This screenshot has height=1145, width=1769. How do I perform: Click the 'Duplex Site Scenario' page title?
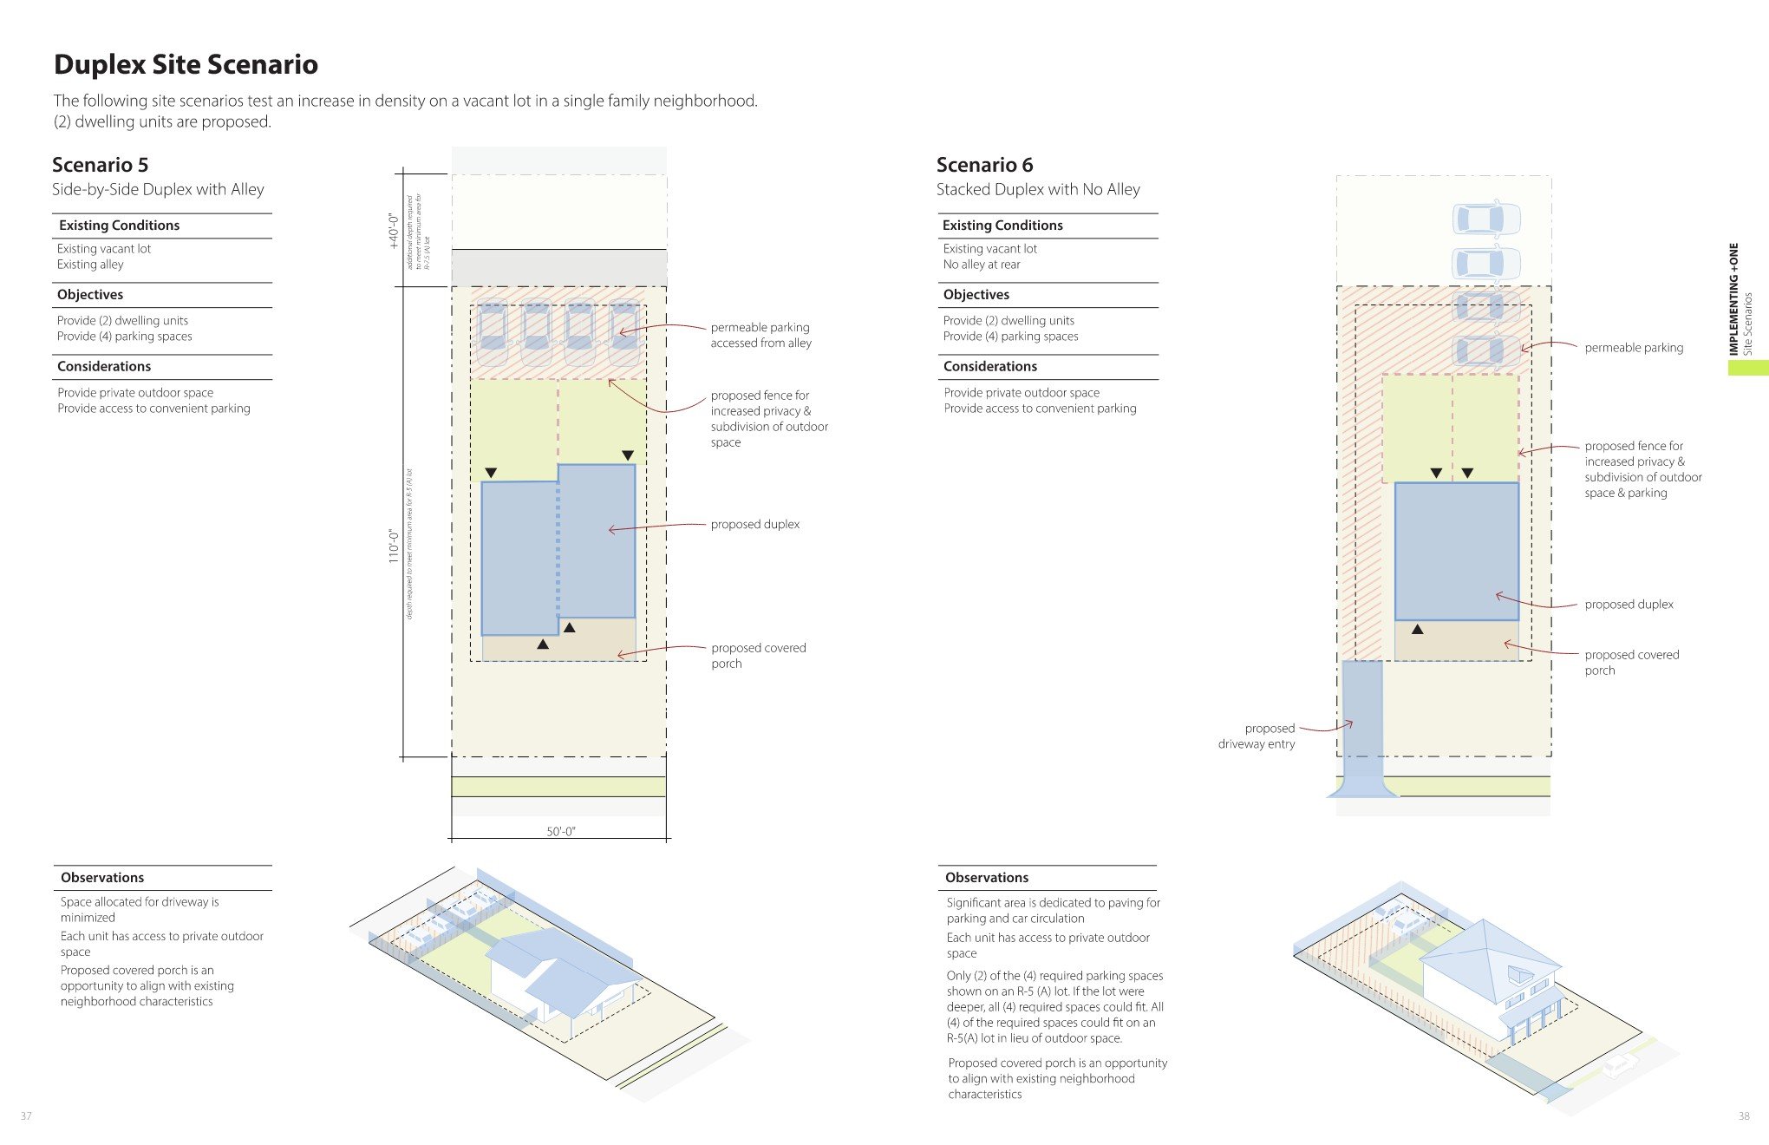186,65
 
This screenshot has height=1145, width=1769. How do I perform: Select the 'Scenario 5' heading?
100,165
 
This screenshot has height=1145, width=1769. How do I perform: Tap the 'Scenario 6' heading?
984,165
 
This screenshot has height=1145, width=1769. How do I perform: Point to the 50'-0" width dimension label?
560,831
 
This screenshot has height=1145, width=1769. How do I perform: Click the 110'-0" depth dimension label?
394,546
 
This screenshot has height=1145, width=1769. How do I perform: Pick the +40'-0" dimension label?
394,231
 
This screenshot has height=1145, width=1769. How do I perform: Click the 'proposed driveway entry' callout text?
1257,736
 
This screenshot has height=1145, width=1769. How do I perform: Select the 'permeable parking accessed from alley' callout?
760,335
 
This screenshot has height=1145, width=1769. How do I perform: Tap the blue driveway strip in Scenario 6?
1361,720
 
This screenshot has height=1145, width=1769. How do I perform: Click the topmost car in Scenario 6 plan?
1486,219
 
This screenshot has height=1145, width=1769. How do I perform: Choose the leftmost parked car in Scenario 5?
492,332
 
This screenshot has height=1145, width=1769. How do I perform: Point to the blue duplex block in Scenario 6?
1456,551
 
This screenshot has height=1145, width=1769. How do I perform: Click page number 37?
26,1116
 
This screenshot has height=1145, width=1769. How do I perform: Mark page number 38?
1743,1116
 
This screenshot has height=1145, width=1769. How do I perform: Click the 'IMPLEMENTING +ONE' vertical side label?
1733,299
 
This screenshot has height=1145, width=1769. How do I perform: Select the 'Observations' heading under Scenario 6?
987,878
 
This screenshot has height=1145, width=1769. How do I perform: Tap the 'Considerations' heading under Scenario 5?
104,367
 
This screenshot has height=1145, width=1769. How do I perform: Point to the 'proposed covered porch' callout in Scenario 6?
1631,663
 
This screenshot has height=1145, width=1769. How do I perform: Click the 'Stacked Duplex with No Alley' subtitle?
1038,190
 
